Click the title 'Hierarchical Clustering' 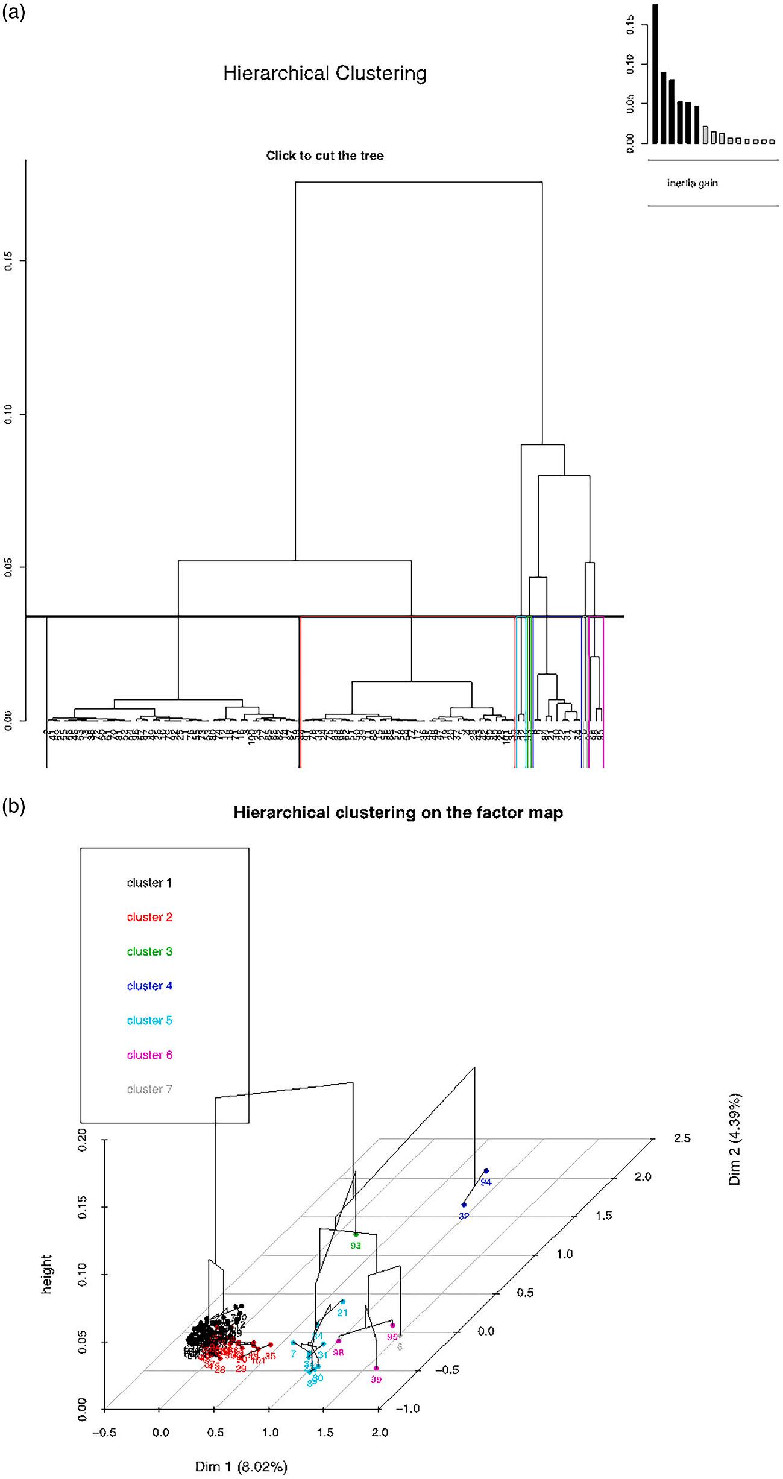(x=325, y=74)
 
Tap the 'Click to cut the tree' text (x=325, y=156)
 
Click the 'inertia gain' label (x=692, y=183)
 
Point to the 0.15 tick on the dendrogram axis (x=8, y=260)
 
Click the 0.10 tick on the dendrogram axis (x=8, y=414)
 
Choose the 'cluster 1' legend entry (x=149, y=883)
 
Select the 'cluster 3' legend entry (x=149, y=951)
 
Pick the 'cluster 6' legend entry (x=149, y=1055)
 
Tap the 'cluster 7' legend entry (x=149, y=1089)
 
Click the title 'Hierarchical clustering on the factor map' (x=398, y=812)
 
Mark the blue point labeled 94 (x=486, y=1171)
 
